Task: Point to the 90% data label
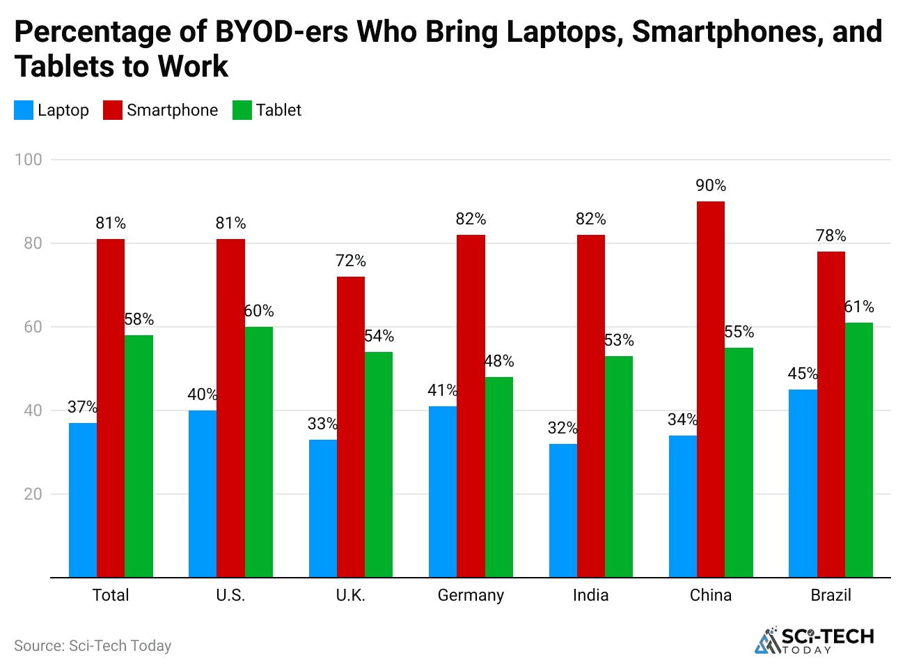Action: (711, 185)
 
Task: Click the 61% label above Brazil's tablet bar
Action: (859, 307)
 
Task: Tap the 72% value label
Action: (350, 261)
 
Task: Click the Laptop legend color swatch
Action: (24, 110)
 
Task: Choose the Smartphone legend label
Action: (172, 110)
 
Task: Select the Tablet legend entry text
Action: (278, 110)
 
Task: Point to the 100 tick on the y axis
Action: (29, 160)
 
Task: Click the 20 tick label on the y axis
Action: (33, 494)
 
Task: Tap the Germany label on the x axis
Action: (471, 595)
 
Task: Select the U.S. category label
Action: (230, 595)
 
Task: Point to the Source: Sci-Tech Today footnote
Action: (93, 645)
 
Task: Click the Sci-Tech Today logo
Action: (814, 640)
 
